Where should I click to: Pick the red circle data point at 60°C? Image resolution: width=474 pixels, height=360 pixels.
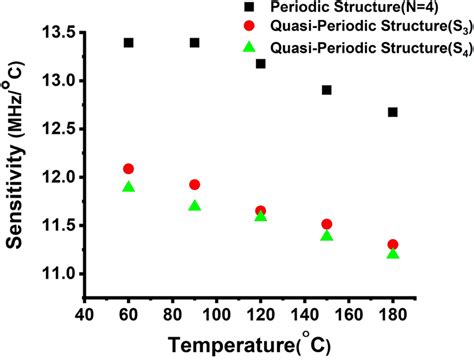pos(128,169)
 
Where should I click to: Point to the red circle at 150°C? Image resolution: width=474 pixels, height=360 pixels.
pos(327,224)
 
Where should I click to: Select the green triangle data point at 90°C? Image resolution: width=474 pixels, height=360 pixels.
pos(194,206)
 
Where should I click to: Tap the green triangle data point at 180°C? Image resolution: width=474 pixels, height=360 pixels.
pos(393,254)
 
